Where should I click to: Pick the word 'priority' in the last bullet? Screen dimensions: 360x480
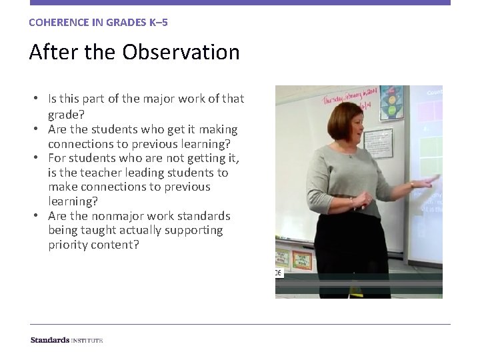pos(71,245)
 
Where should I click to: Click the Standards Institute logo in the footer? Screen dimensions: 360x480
pos(67,340)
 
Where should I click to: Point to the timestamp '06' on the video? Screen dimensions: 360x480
pos(279,273)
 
